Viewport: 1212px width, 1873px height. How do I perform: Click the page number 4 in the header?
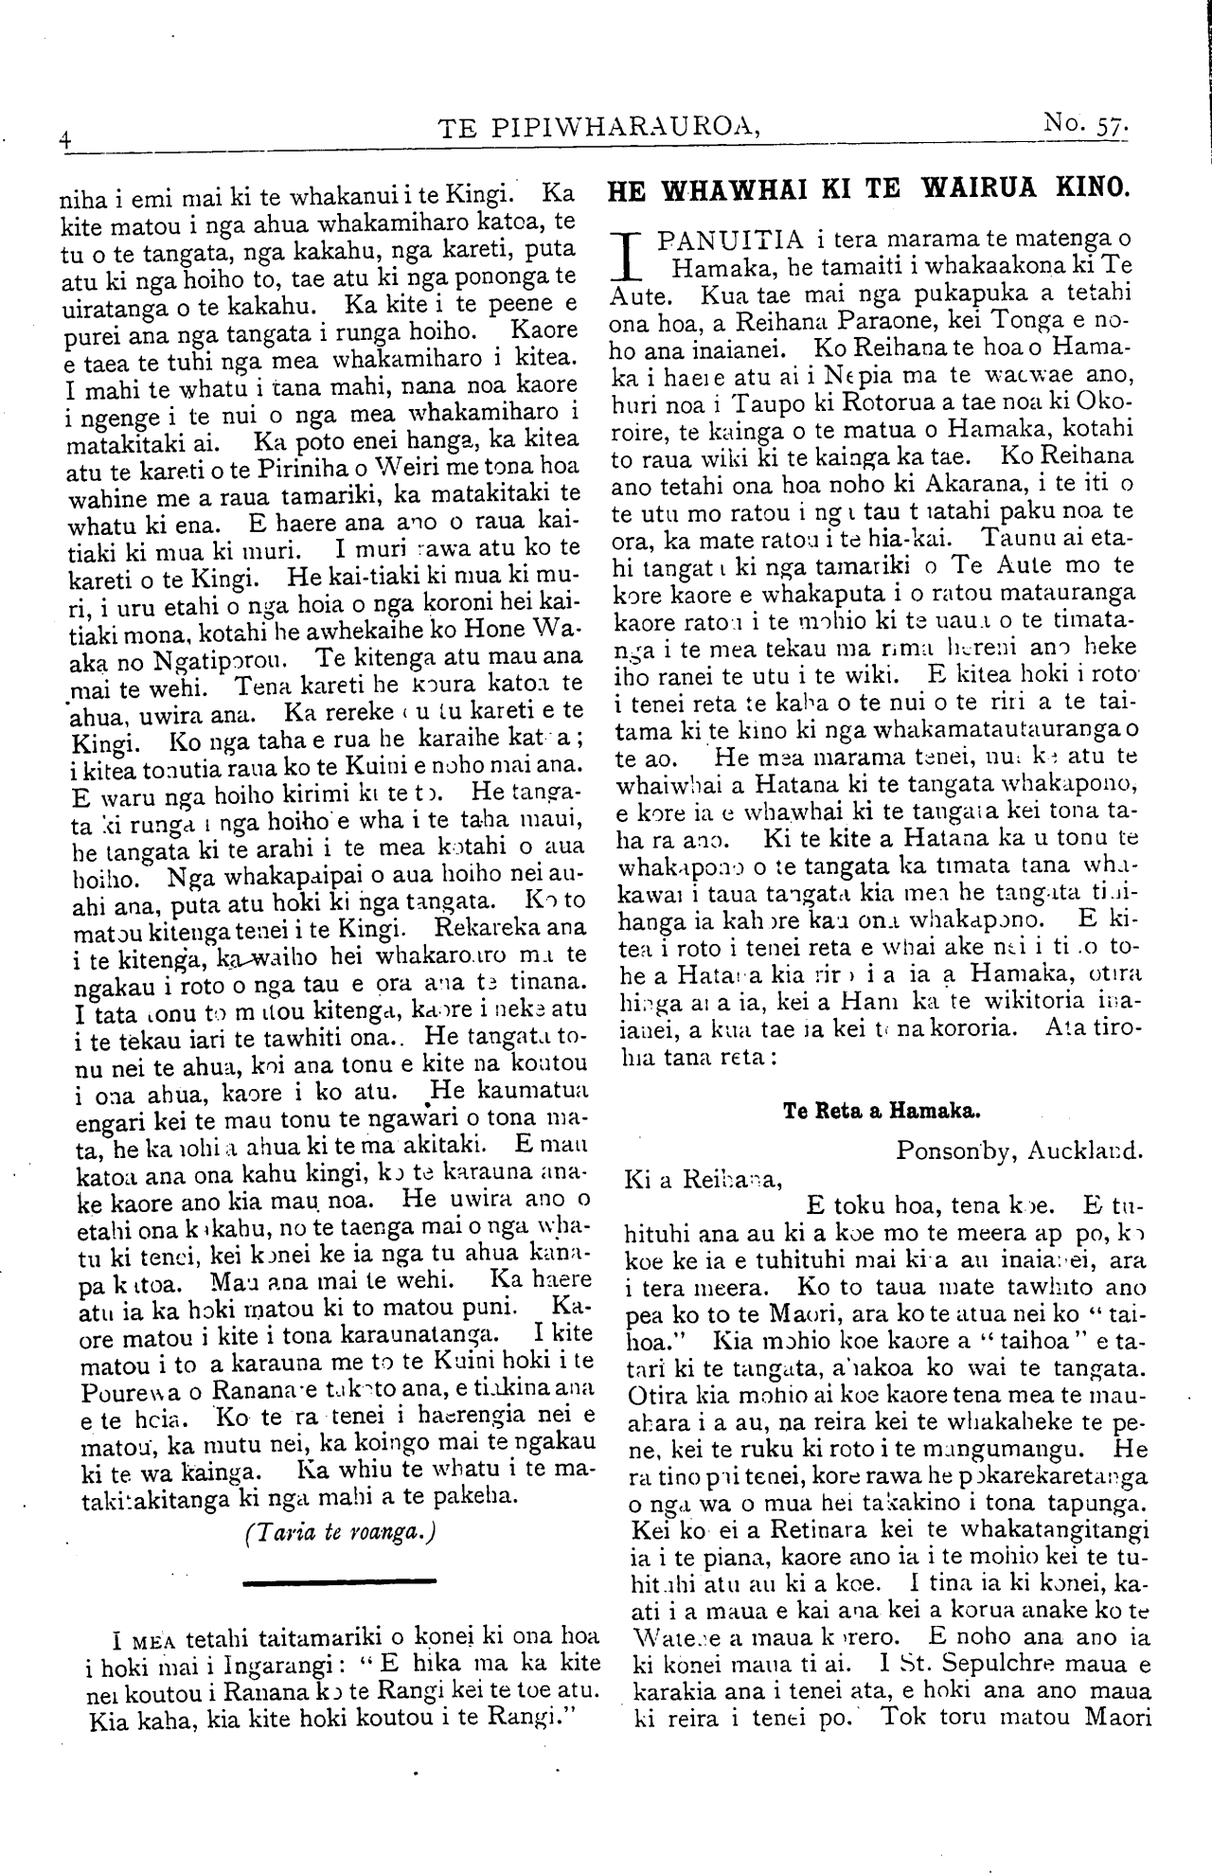(x=63, y=137)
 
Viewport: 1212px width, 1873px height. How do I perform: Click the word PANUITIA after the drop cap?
(x=736, y=237)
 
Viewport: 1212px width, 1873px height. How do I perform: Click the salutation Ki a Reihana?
(x=704, y=1180)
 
